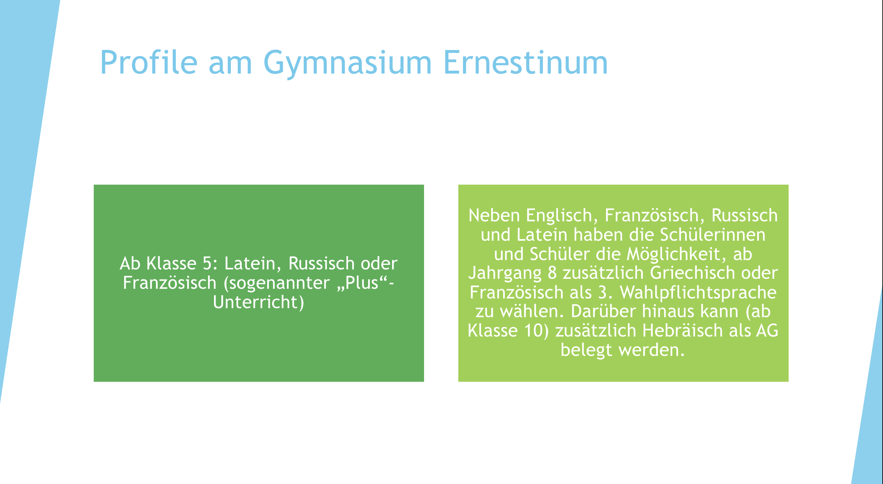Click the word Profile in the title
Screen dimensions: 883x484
click(149, 62)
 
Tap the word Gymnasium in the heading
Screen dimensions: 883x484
click(347, 64)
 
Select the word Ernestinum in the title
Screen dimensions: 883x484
click(526, 62)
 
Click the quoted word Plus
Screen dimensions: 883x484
click(362, 283)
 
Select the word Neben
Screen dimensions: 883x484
click(494, 215)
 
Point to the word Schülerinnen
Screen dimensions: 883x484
click(713, 235)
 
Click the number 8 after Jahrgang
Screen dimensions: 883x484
click(552, 273)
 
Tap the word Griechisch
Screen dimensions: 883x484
click(692, 273)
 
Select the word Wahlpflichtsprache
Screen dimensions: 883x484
click(698, 293)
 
